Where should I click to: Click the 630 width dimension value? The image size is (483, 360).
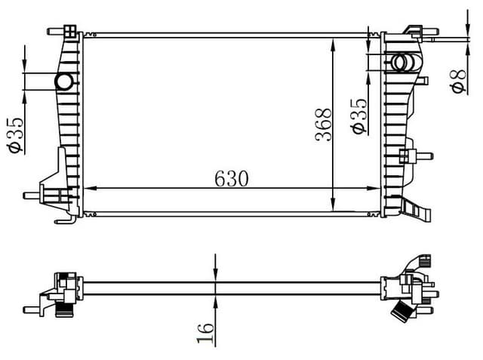point(232,178)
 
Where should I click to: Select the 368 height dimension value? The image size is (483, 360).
point(323,125)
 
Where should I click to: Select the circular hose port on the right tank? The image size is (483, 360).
point(400,62)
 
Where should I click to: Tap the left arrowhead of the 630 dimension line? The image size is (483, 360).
point(88,188)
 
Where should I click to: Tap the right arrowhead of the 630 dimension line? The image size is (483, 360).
point(377,188)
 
